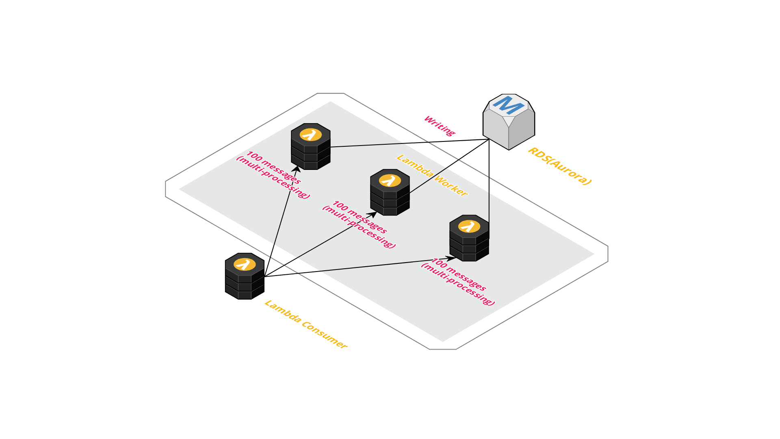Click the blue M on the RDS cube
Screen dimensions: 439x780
click(507, 105)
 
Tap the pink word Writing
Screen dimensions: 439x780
click(440, 126)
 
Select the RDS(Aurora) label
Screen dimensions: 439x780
click(559, 166)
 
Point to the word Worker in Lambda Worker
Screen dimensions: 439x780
click(451, 185)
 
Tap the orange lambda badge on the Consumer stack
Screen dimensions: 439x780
click(245, 265)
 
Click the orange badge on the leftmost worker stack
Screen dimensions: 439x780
click(311, 135)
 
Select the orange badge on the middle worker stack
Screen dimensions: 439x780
click(390, 180)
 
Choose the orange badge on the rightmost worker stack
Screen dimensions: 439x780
click(469, 226)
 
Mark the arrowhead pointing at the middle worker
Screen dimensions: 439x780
click(373, 213)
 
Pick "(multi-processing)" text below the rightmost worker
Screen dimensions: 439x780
click(458, 284)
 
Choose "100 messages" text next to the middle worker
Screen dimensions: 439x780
click(360, 217)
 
